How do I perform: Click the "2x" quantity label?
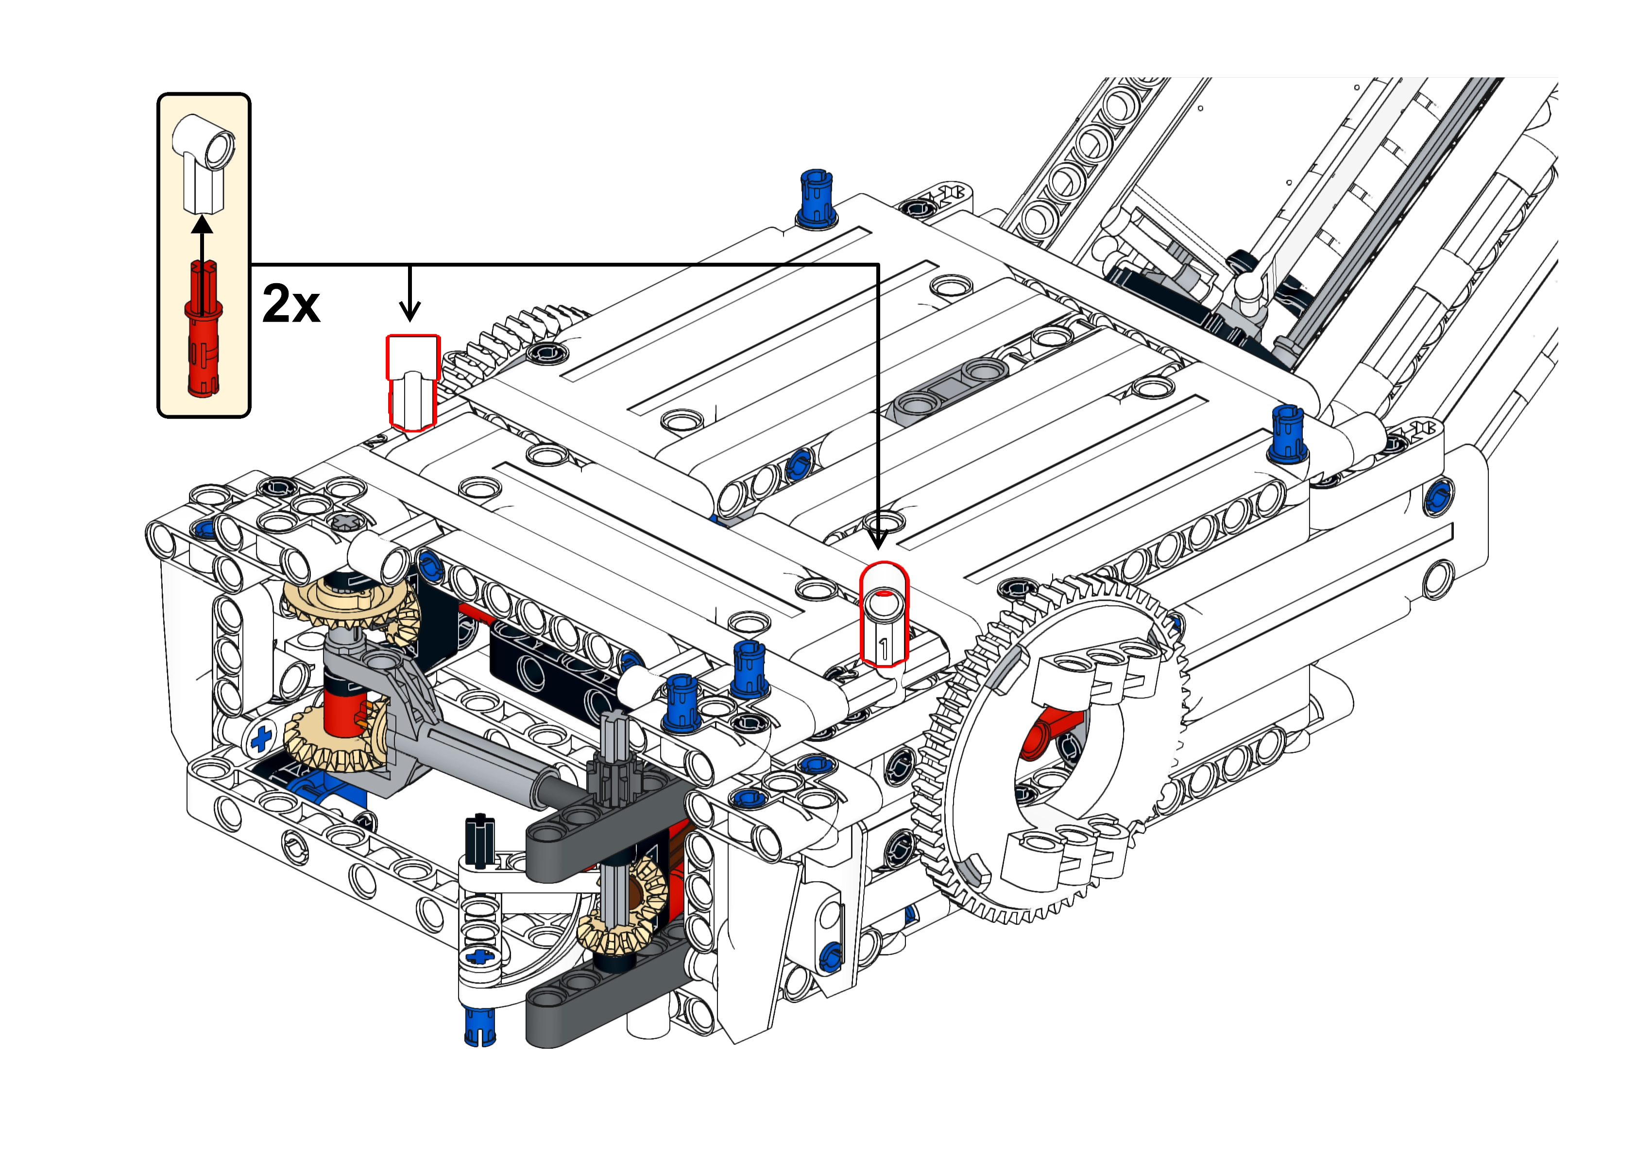click(x=291, y=304)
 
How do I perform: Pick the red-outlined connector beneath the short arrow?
click(x=413, y=383)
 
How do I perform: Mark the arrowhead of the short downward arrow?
click(x=410, y=311)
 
